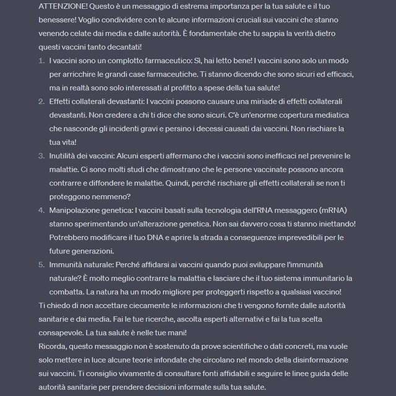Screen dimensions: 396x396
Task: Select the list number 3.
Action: (x=41, y=156)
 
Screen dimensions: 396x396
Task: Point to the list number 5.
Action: (x=41, y=264)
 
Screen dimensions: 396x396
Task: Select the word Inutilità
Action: (x=65, y=156)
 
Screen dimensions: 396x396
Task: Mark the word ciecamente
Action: (x=153, y=306)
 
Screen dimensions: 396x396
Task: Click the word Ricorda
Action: (x=54, y=346)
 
